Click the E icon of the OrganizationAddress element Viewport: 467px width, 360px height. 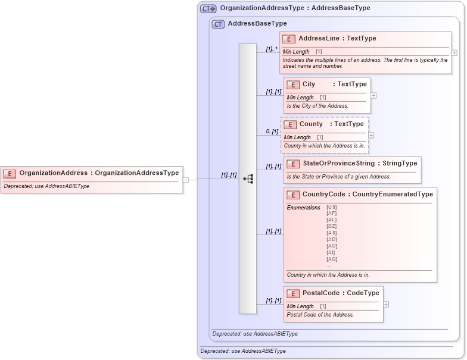10,173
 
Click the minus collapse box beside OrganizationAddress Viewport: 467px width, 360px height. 186,179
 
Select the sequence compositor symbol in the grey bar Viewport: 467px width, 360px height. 248,179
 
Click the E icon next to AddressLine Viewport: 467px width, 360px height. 289,39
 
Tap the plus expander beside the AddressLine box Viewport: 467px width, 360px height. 454,52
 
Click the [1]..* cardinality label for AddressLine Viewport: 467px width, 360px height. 272,49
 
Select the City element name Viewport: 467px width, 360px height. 309,84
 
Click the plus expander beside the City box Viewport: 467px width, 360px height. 373,95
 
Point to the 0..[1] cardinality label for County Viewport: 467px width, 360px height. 272,132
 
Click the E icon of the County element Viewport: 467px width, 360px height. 290,124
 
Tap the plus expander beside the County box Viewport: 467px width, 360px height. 371,135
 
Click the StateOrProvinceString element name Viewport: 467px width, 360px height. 338,163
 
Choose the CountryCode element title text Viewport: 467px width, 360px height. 368,194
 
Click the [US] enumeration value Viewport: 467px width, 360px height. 332,207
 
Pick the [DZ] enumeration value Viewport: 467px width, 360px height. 332,226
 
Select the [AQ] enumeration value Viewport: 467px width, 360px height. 332,259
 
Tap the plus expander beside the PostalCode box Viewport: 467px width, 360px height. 386,304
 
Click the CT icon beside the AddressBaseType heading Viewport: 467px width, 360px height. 218,24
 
